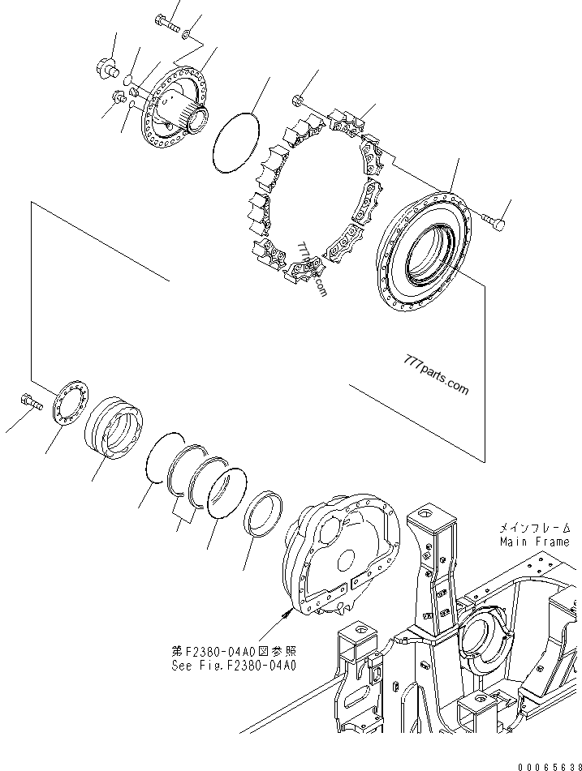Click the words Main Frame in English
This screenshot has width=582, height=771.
pos(534,542)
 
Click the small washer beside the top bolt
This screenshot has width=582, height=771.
pos(188,33)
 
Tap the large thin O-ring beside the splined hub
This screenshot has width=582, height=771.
pos(235,142)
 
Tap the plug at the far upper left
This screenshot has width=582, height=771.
pos(103,66)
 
